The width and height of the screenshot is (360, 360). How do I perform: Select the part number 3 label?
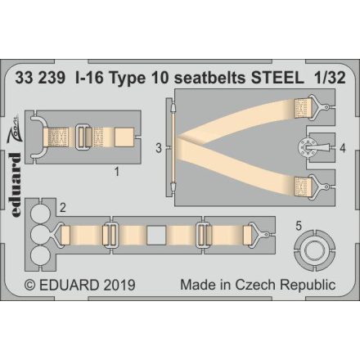[159, 148]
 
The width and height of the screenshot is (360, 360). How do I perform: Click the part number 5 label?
[299, 223]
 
